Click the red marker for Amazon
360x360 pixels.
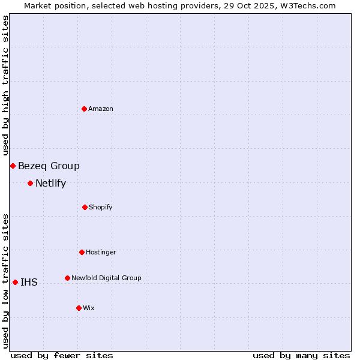coord(84,109)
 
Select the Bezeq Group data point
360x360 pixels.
coord(13,166)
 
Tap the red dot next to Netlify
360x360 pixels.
coord(30,183)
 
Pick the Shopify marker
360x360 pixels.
coord(85,207)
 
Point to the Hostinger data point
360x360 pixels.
coord(82,252)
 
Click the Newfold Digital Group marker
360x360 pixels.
coord(67,278)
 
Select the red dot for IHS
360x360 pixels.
coord(15,282)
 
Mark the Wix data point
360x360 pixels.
coord(79,308)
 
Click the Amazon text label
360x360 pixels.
coord(101,109)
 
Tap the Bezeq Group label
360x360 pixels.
coord(49,166)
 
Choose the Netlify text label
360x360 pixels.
coord(50,184)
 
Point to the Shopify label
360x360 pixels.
coord(100,207)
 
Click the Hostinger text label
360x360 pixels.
coord(101,252)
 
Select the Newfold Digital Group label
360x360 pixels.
coord(106,278)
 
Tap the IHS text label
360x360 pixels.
coord(29,283)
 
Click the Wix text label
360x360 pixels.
coord(89,308)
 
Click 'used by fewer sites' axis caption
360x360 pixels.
coord(62,355)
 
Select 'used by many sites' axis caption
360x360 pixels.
coord(301,355)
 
